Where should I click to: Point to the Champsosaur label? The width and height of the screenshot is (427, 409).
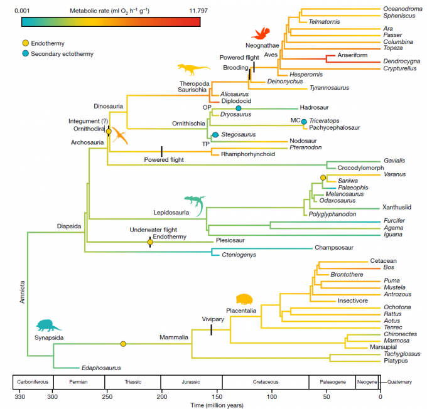tap(333, 248)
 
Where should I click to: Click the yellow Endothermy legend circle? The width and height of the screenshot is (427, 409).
tap(25, 43)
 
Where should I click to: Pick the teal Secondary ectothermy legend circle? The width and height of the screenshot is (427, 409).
tap(25, 53)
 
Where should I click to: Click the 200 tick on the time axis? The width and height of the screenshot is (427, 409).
tap(162, 397)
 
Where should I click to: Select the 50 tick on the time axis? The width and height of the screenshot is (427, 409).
tap(326, 397)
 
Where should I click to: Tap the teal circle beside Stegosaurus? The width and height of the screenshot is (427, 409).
tap(215, 135)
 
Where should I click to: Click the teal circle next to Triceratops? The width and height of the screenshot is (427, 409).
tap(304, 121)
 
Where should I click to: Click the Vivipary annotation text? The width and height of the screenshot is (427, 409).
tap(214, 319)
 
